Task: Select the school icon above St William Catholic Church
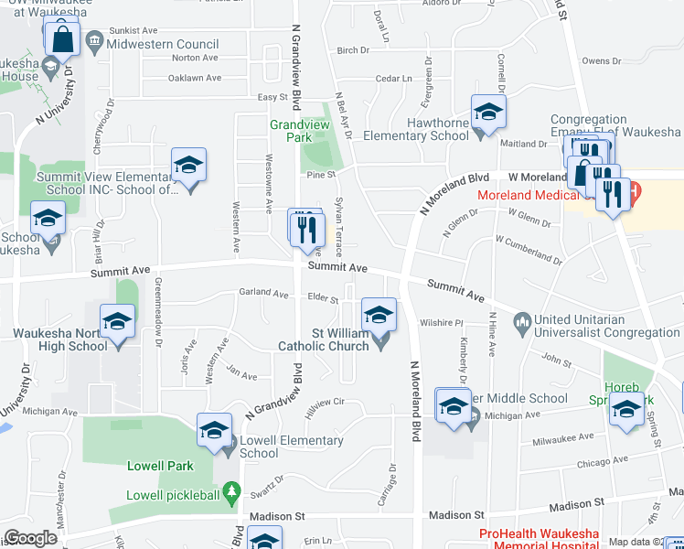[379, 316]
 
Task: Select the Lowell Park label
[167, 466]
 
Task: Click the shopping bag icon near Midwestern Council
[62, 38]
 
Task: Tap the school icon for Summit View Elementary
[188, 165]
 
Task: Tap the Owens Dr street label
[601, 61]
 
